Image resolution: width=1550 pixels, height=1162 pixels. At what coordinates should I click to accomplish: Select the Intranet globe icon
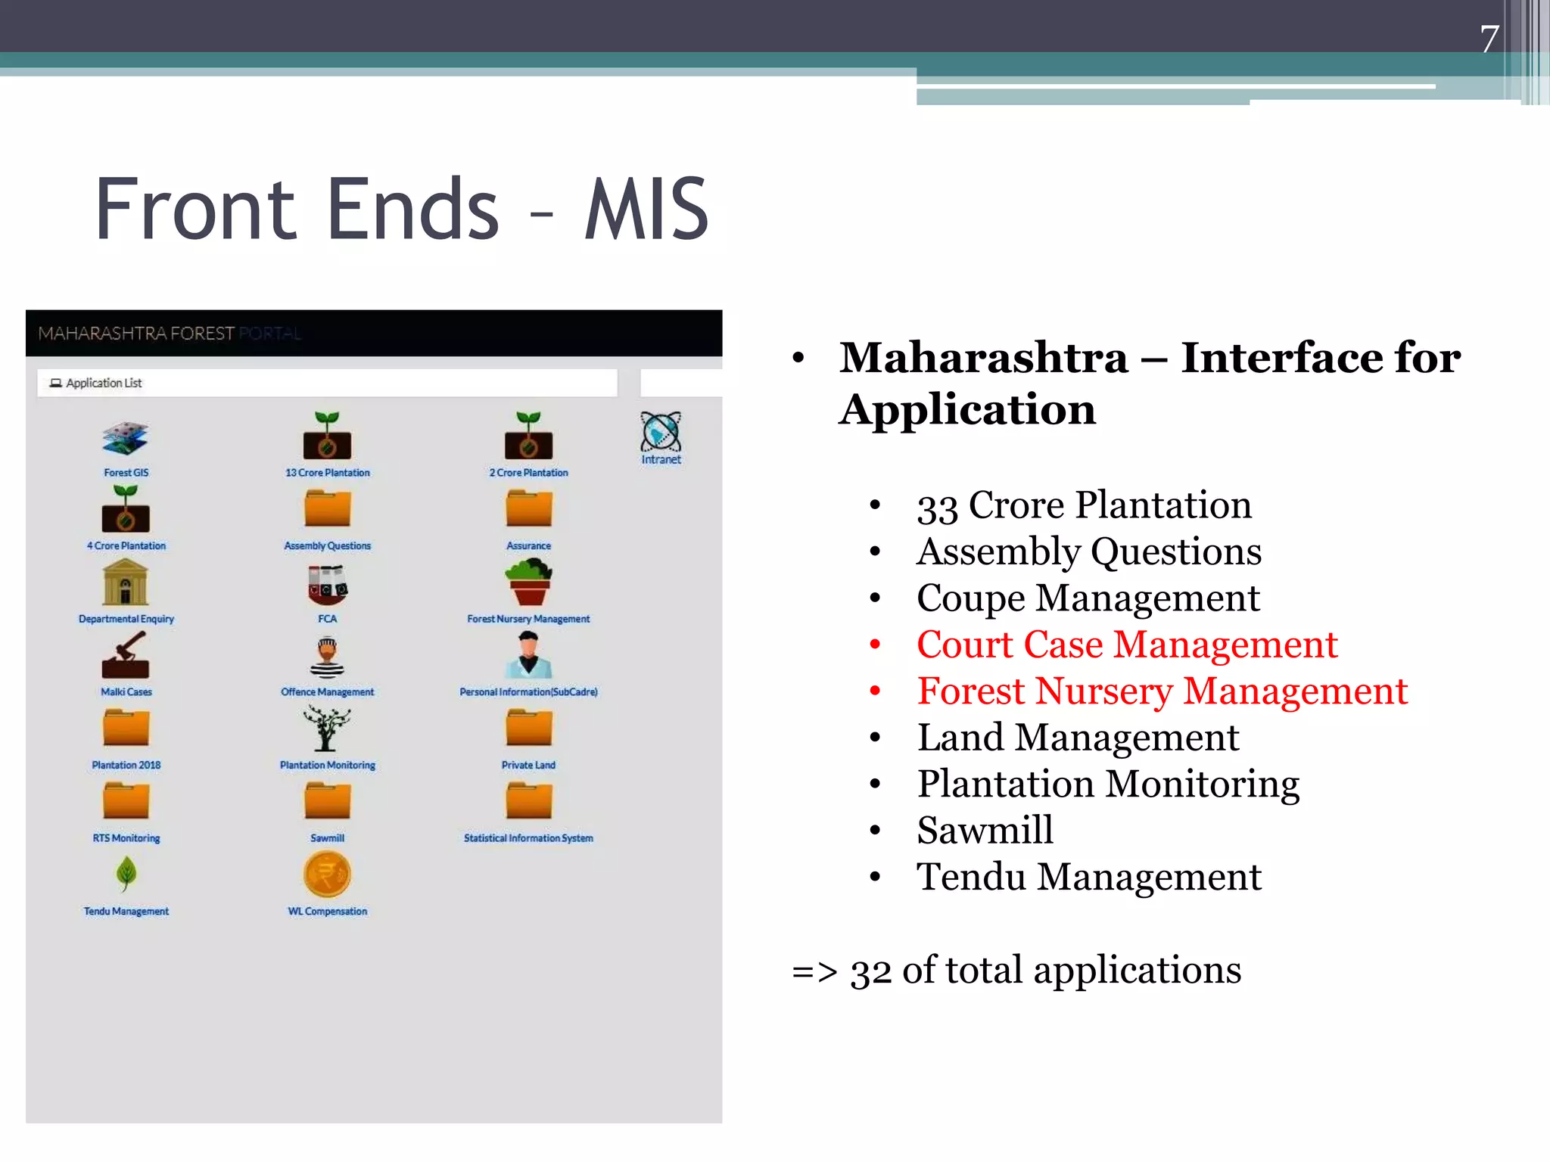[x=661, y=432]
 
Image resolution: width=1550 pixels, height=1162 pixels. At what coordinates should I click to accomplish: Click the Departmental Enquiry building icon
[x=126, y=582]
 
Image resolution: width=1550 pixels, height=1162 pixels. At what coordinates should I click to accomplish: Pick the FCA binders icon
[x=327, y=584]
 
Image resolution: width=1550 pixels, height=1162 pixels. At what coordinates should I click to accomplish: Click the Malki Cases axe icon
[x=126, y=656]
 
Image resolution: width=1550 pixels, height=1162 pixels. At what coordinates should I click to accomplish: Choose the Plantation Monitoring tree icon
[x=327, y=728]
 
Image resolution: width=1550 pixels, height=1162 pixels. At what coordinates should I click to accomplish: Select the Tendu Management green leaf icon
[x=126, y=874]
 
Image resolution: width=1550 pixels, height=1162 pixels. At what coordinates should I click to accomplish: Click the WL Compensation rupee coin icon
[x=327, y=875]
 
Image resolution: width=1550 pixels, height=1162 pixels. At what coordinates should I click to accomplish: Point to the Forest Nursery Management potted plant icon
[x=528, y=582]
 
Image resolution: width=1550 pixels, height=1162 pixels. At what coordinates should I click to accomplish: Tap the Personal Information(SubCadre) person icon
[x=528, y=655]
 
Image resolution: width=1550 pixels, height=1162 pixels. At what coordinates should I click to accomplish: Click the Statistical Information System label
[x=528, y=838]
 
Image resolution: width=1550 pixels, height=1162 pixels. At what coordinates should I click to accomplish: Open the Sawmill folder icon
[x=327, y=801]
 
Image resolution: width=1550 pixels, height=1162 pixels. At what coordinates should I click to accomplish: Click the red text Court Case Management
[x=1127, y=645]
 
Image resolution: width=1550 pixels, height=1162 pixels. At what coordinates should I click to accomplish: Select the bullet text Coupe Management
[x=1088, y=598]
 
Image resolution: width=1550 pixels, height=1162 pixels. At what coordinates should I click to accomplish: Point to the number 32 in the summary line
[x=870, y=971]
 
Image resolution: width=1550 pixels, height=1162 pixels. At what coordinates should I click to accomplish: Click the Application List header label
[x=104, y=383]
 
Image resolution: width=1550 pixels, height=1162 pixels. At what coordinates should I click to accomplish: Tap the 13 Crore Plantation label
[x=327, y=473]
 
